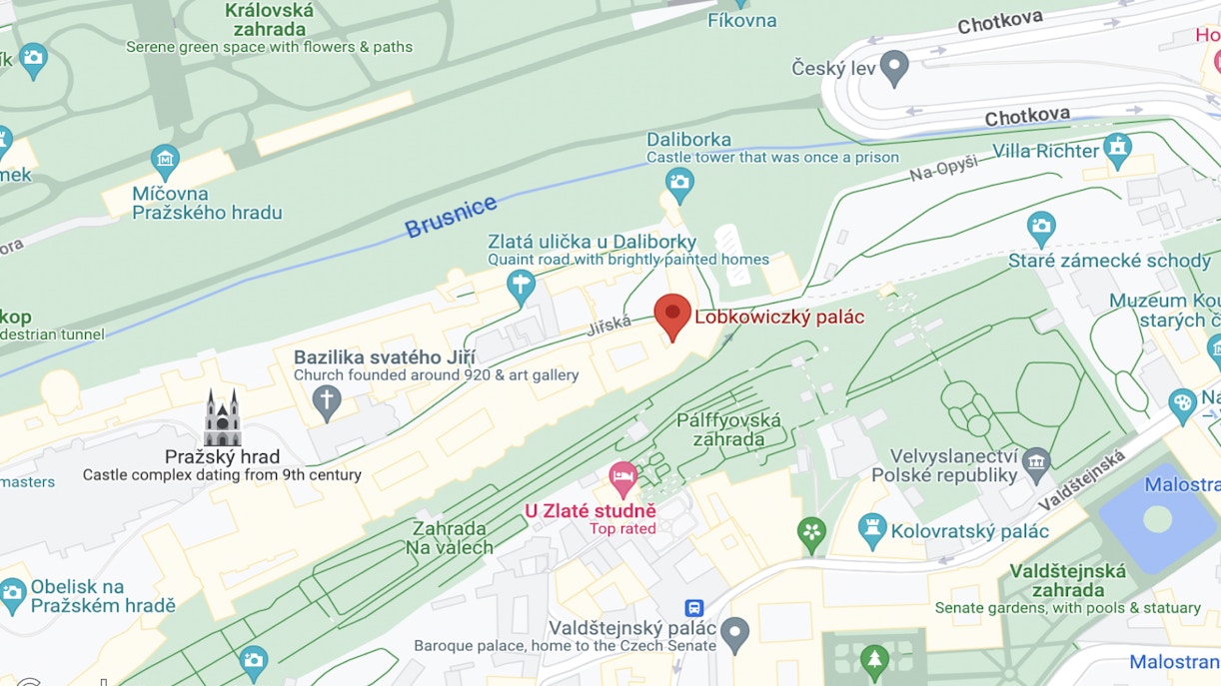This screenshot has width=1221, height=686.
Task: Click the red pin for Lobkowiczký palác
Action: coord(672,315)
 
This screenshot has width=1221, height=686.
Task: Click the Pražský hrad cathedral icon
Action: coord(222,418)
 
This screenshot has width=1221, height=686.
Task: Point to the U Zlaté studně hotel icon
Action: coord(623,478)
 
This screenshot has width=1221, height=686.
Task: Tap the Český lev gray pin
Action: coord(893,67)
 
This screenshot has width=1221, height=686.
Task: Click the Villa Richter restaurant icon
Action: coord(1117,150)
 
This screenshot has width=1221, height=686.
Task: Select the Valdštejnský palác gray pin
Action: coord(734,631)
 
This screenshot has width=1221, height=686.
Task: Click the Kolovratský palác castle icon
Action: coord(872,530)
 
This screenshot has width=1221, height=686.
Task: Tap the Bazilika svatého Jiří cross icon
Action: coord(326,402)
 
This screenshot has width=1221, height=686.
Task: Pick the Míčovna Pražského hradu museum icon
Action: coord(165,159)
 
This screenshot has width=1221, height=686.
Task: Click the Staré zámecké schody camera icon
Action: coord(1041,226)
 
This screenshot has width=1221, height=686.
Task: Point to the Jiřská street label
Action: coord(609,325)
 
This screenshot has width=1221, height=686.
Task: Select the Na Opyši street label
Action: coord(943,170)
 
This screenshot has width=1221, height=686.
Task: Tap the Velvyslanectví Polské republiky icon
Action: coord(1036,461)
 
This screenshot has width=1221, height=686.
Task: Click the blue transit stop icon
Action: coord(693,607)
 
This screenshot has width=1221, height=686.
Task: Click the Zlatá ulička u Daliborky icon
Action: coord(520,286)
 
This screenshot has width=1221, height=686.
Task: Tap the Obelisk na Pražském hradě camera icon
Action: coord(13,594)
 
